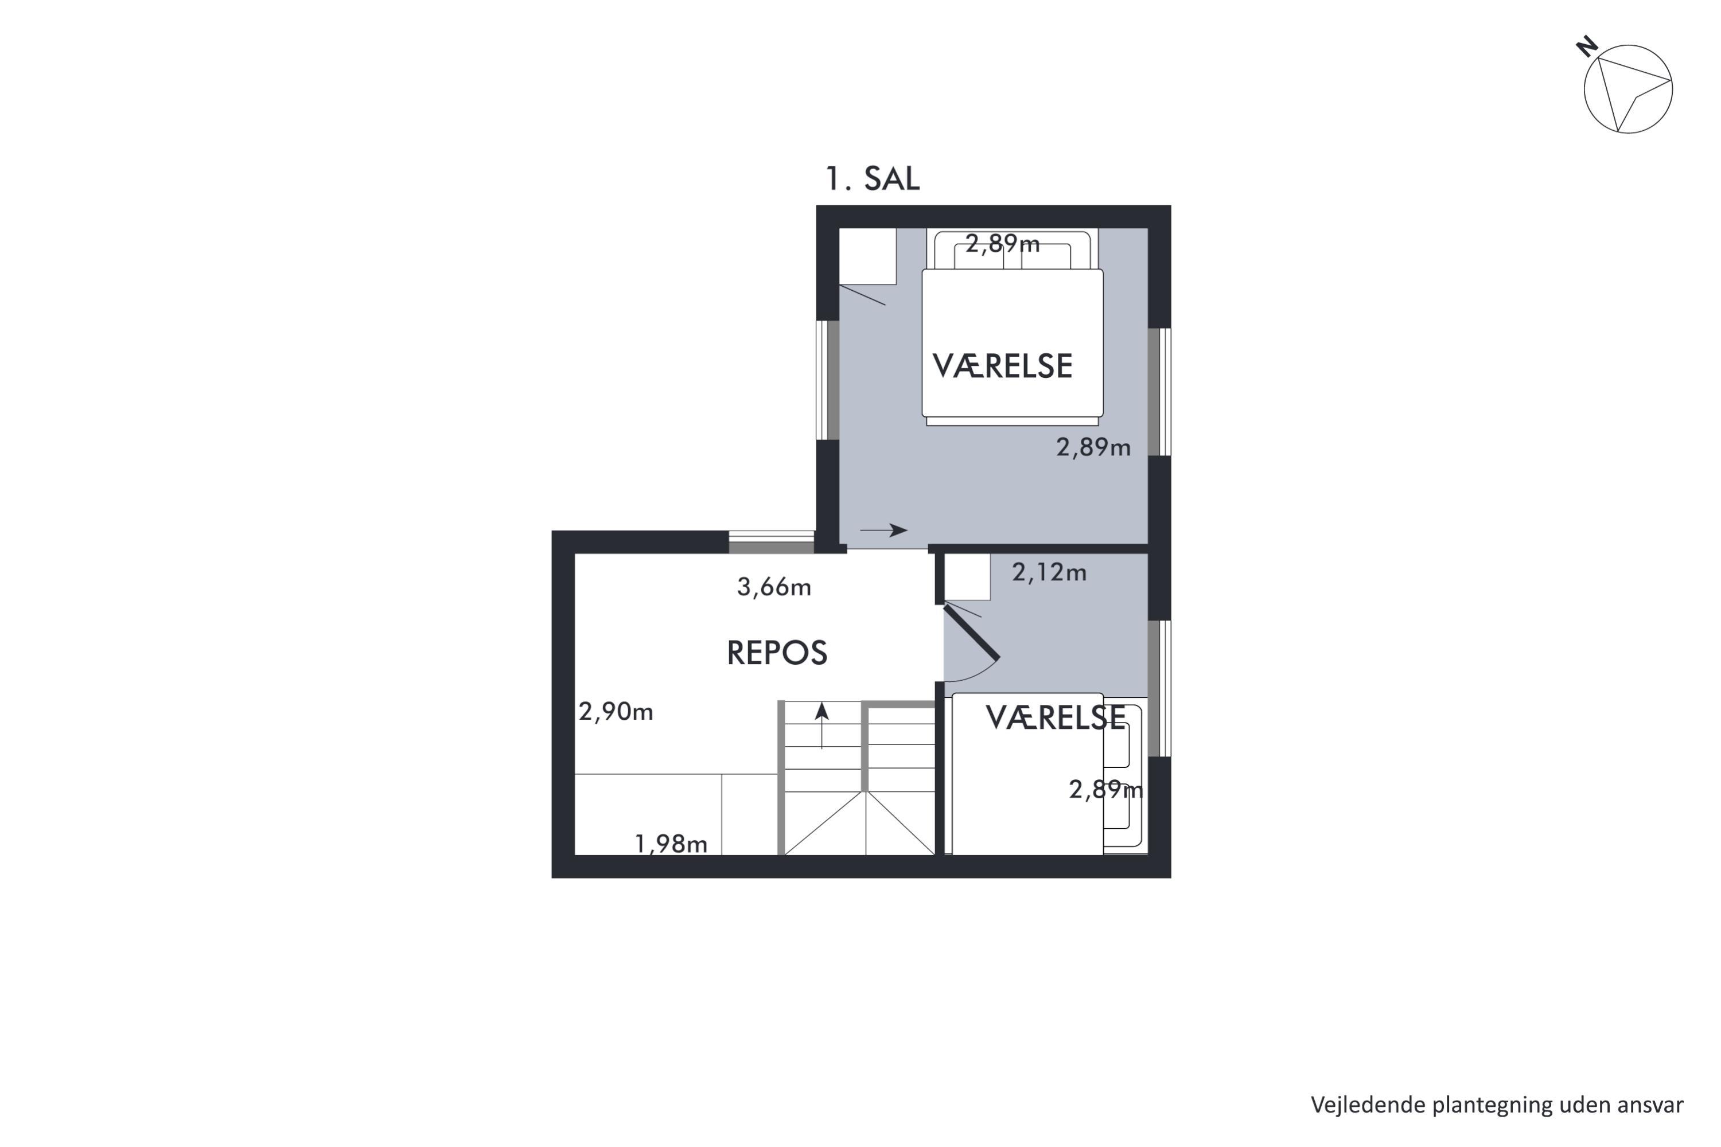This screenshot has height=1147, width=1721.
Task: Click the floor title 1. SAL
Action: pyautogui.click(x=872, y=178)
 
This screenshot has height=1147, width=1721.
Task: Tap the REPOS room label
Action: pyautogui.click(x=777, y=653)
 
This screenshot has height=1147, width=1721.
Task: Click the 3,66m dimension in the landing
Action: pyautogui.click(x=774, y=587)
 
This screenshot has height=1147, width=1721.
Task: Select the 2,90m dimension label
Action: pyautogui.click(x=616, y=711)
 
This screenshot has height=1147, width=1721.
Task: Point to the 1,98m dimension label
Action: pyautogui.click(x=671, y=844)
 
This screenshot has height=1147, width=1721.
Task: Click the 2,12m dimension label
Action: pyautogui.click(x=1049, y=572)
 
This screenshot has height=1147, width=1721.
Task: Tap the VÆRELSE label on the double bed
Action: pyautogui.click(x=1002, y=366)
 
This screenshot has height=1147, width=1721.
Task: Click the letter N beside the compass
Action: pyautogui.click(x=1586, y=47)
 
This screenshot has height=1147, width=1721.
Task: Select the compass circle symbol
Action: pyautogui.click(x=1628, y=89)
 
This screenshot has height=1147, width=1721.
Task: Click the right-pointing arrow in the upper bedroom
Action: pyautogui.click(x=884, y=530)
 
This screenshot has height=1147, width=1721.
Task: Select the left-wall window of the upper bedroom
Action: pyautogui.click(x=828, y=380)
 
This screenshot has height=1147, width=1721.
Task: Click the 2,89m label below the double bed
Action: pyautogui.click(x=1093, y=447)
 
